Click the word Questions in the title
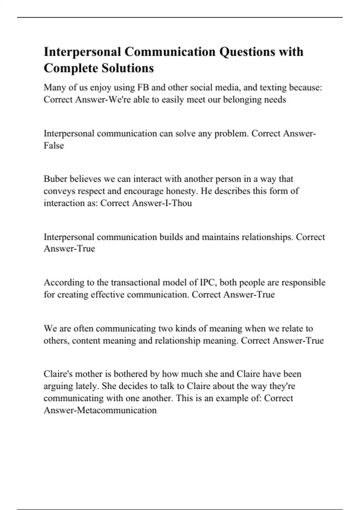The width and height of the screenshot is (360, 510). tap(247, 52)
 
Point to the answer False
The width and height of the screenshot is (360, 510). tap(54, 146)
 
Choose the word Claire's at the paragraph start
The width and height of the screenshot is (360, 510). tap(58, 374)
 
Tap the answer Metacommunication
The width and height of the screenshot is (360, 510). tap(117, 410)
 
